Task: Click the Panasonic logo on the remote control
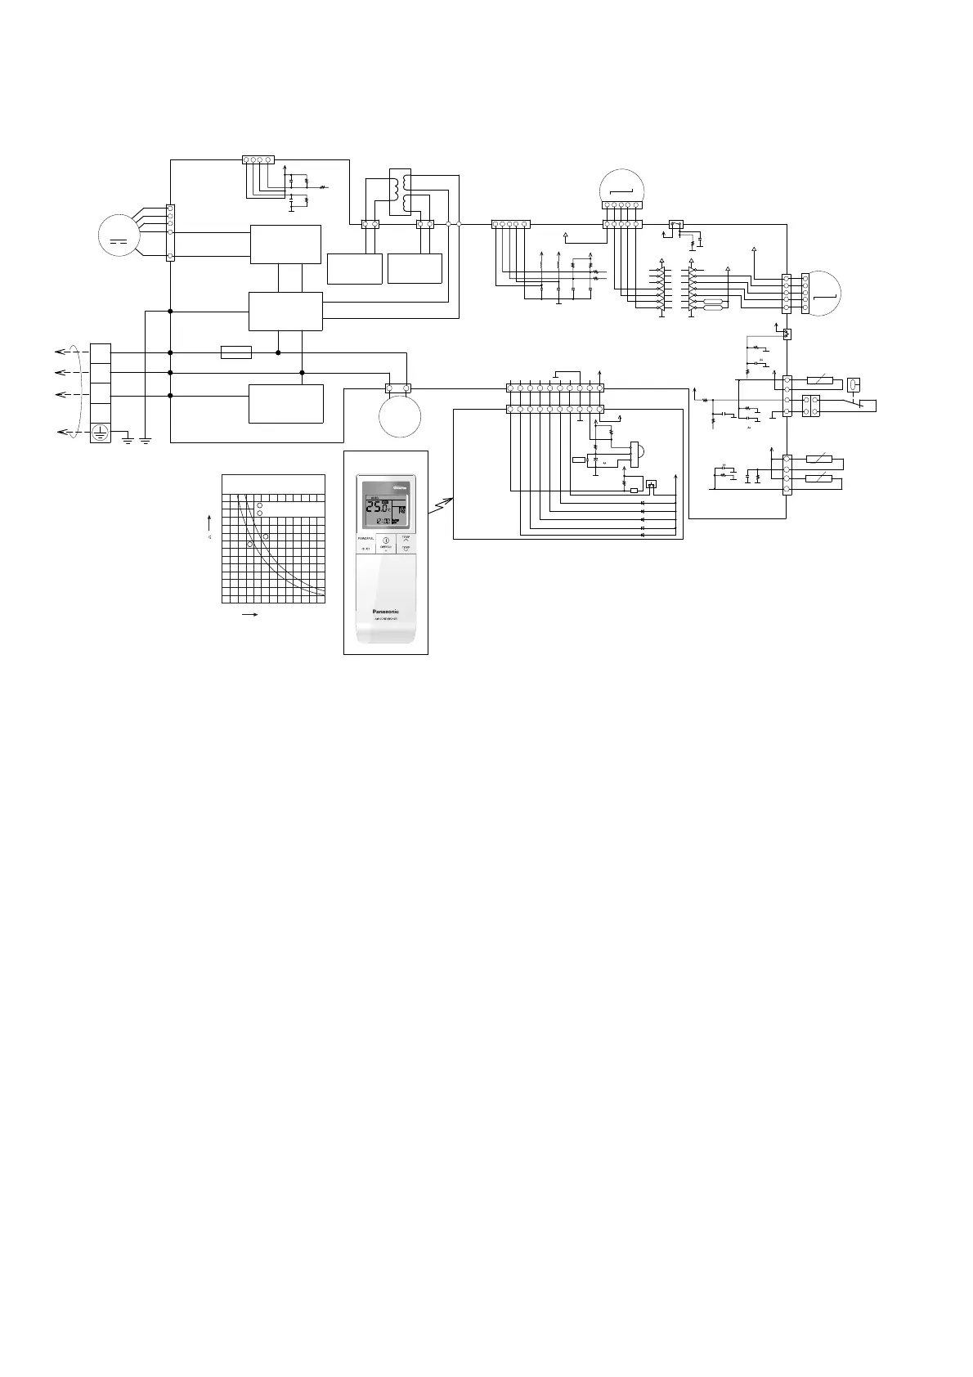(x=385, y=611)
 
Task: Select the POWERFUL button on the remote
(x=365, y=539)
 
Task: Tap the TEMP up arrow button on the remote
(x=406, y=540)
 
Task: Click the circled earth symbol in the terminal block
(x=100, y=433)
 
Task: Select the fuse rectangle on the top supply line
(x=236, y=352)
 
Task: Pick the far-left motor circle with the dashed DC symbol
(x=119, y=235)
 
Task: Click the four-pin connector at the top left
(x=258, y=159)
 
